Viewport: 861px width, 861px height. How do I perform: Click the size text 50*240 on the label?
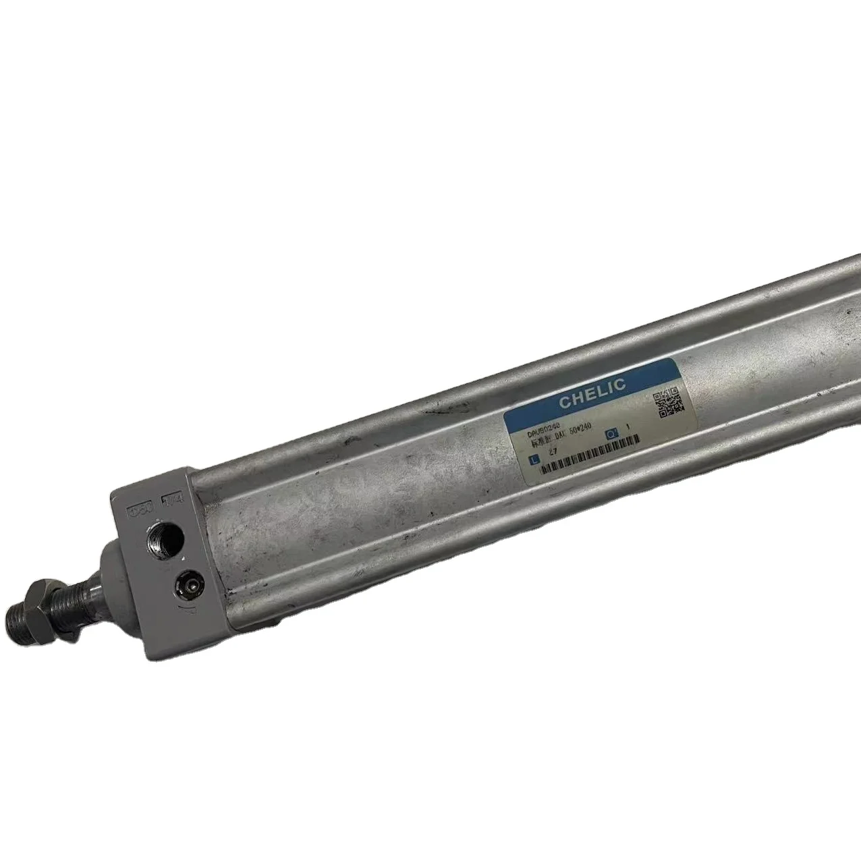(x=579, y=433)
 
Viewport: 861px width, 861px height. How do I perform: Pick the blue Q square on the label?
(x=612, y=433)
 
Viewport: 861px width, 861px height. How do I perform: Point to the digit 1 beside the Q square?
(x=628, y=426)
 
